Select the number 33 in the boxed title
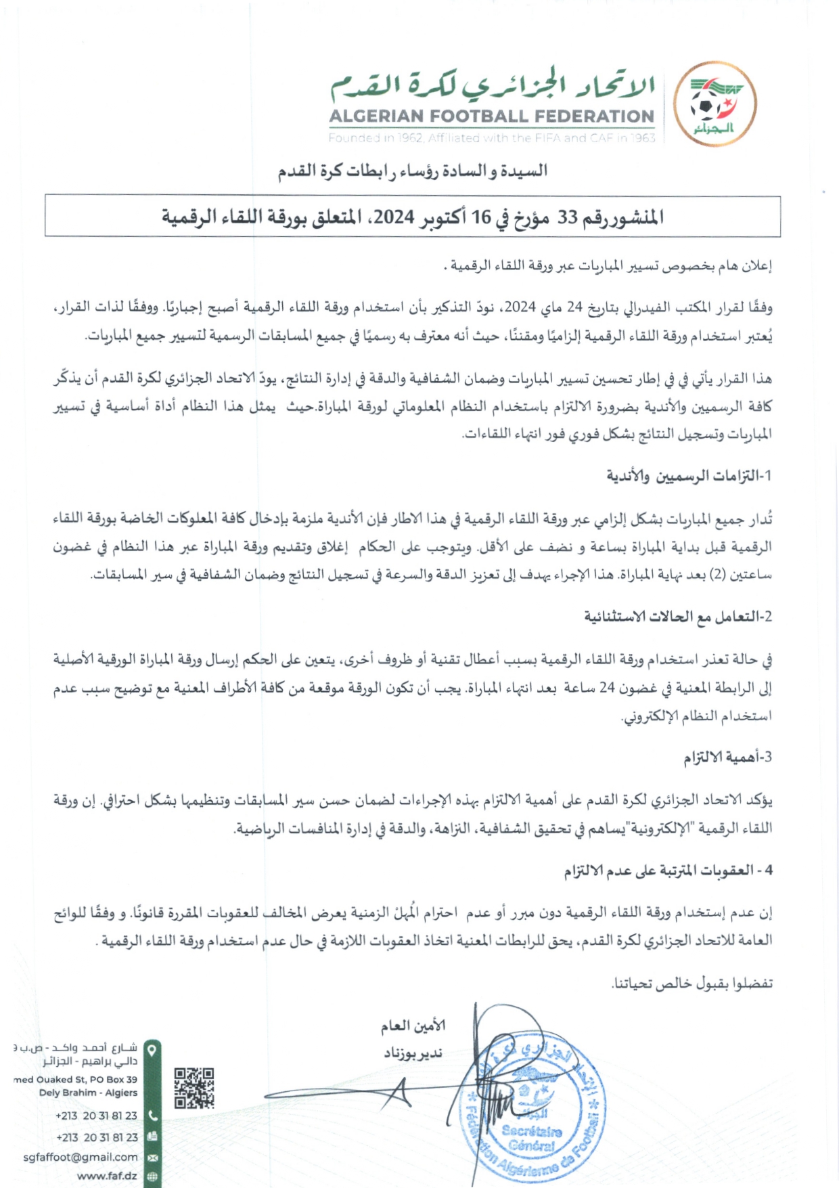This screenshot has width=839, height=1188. (x=567, y=217)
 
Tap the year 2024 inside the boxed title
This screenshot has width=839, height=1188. (x=394, y=217)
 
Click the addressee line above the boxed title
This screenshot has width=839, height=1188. (x=412, y=171)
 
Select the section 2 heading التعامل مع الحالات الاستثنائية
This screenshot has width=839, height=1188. (x=678, y=617)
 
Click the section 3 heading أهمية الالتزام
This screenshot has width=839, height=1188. (x=727, y=757)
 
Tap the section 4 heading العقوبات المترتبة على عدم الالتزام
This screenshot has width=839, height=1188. (x=668, y=871)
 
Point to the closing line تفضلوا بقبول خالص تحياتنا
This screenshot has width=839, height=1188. (x=691, y=983)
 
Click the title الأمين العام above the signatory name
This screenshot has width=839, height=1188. (x=412, y=1026)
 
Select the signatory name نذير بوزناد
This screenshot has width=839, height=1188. (x=413, y=1053)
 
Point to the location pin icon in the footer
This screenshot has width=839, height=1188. (x=153, y=1050)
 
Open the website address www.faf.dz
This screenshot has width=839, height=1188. (x=107, y=1176)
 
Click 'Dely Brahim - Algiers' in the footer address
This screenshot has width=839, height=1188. (x=88, y=1093)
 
